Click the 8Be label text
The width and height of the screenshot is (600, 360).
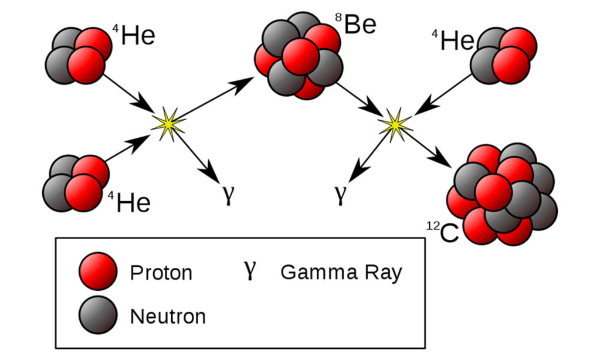[356, 25]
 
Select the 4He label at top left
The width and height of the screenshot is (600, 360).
[134, 36]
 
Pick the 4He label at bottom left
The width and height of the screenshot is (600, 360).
[130, 203]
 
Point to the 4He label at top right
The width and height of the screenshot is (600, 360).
[453, 40]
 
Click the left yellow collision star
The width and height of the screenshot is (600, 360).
[168, 123]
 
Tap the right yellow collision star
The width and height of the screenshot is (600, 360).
[395, 124]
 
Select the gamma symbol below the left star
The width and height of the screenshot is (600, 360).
[229, 195]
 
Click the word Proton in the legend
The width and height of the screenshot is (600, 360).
[161, 273]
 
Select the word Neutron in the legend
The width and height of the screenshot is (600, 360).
[168, 317]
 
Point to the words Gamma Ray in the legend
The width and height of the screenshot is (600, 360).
[341, 273]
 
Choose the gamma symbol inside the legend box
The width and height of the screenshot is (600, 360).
[250, 270]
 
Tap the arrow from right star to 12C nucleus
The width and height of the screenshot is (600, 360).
[426, 148]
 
